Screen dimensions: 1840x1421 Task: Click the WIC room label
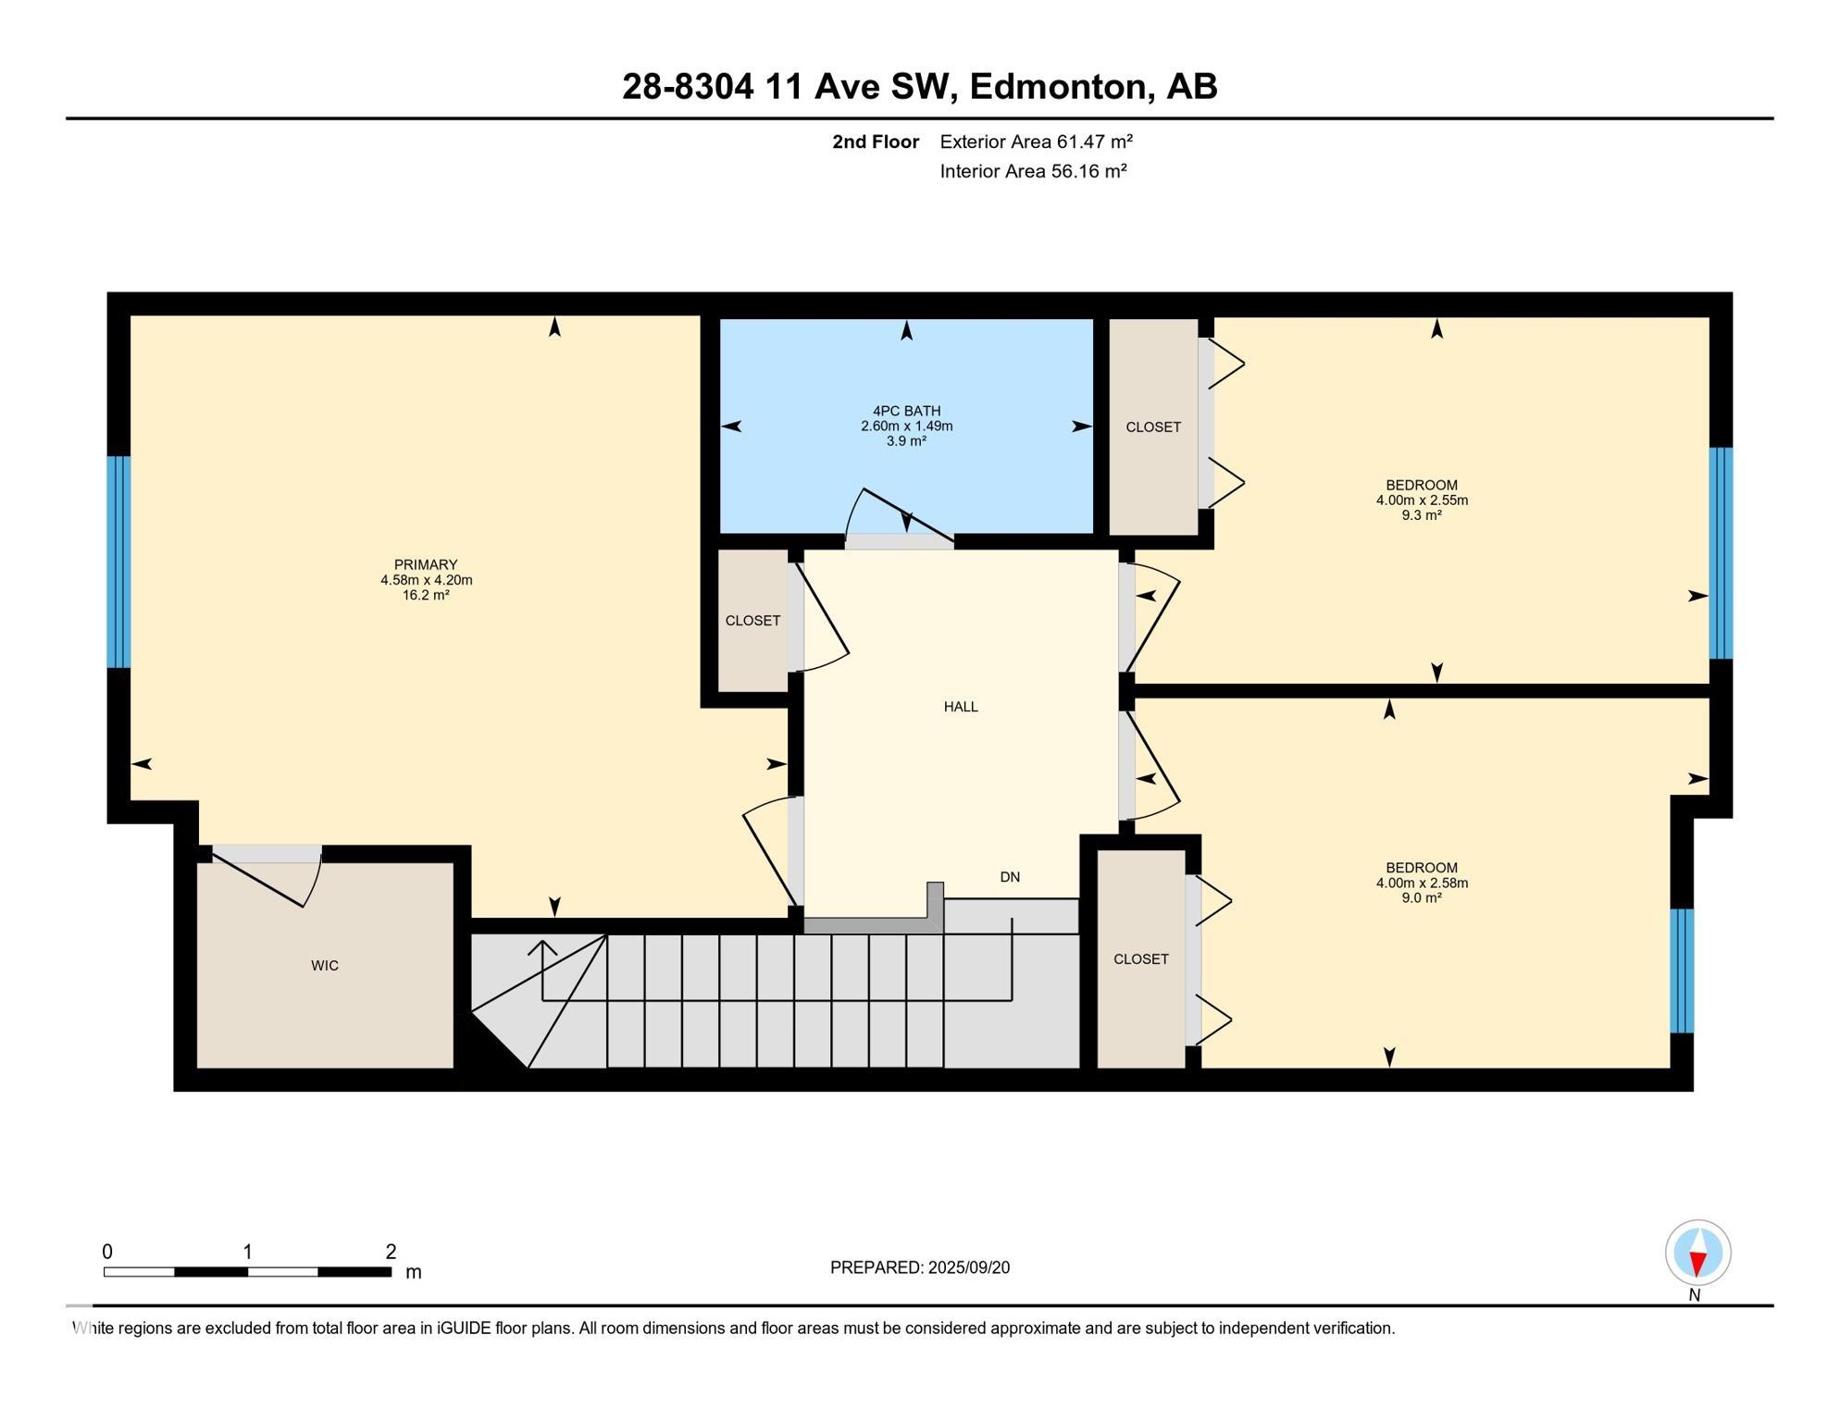325,966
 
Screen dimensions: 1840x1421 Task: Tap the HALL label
961,707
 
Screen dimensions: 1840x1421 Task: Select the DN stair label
1010,877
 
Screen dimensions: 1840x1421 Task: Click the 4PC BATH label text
907,411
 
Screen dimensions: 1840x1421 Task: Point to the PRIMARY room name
426,564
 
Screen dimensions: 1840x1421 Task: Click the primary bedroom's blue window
118,562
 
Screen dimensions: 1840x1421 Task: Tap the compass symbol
1698,1254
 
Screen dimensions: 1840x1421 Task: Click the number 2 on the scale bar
391,1252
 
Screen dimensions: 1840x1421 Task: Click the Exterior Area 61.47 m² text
1037,142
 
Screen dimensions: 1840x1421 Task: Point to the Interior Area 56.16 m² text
1033,171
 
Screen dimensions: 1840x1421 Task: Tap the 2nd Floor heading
876,142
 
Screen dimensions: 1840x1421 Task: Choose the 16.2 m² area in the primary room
426,596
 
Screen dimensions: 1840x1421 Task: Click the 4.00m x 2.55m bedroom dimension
1422,500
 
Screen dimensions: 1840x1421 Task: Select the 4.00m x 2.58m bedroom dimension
1422,883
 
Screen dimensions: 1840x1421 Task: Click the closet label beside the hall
752,621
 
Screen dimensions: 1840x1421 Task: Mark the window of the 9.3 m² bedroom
1721,553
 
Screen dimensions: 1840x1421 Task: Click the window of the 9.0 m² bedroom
1682,970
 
